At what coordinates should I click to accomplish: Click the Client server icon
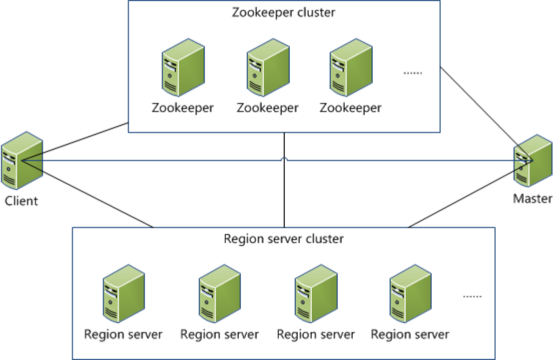[21, 160]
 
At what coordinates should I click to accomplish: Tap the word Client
[21, 201]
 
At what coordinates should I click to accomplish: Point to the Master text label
[533, 198]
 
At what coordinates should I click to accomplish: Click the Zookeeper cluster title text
[283, 12]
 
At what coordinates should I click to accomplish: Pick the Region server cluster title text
[283, 239]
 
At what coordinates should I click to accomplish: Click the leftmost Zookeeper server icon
[183, 67]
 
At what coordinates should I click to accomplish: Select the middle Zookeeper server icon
[267, 67]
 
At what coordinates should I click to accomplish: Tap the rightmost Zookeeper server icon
[351, 67]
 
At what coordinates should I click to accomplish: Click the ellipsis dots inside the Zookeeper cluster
[412, 73]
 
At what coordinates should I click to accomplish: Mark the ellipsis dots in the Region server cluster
[471, 296]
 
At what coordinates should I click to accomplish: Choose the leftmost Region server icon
[124, 294]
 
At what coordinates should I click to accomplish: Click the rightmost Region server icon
[410, 294]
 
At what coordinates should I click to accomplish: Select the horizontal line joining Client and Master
[150, 160]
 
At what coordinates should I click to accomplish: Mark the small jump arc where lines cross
[284, 158]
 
